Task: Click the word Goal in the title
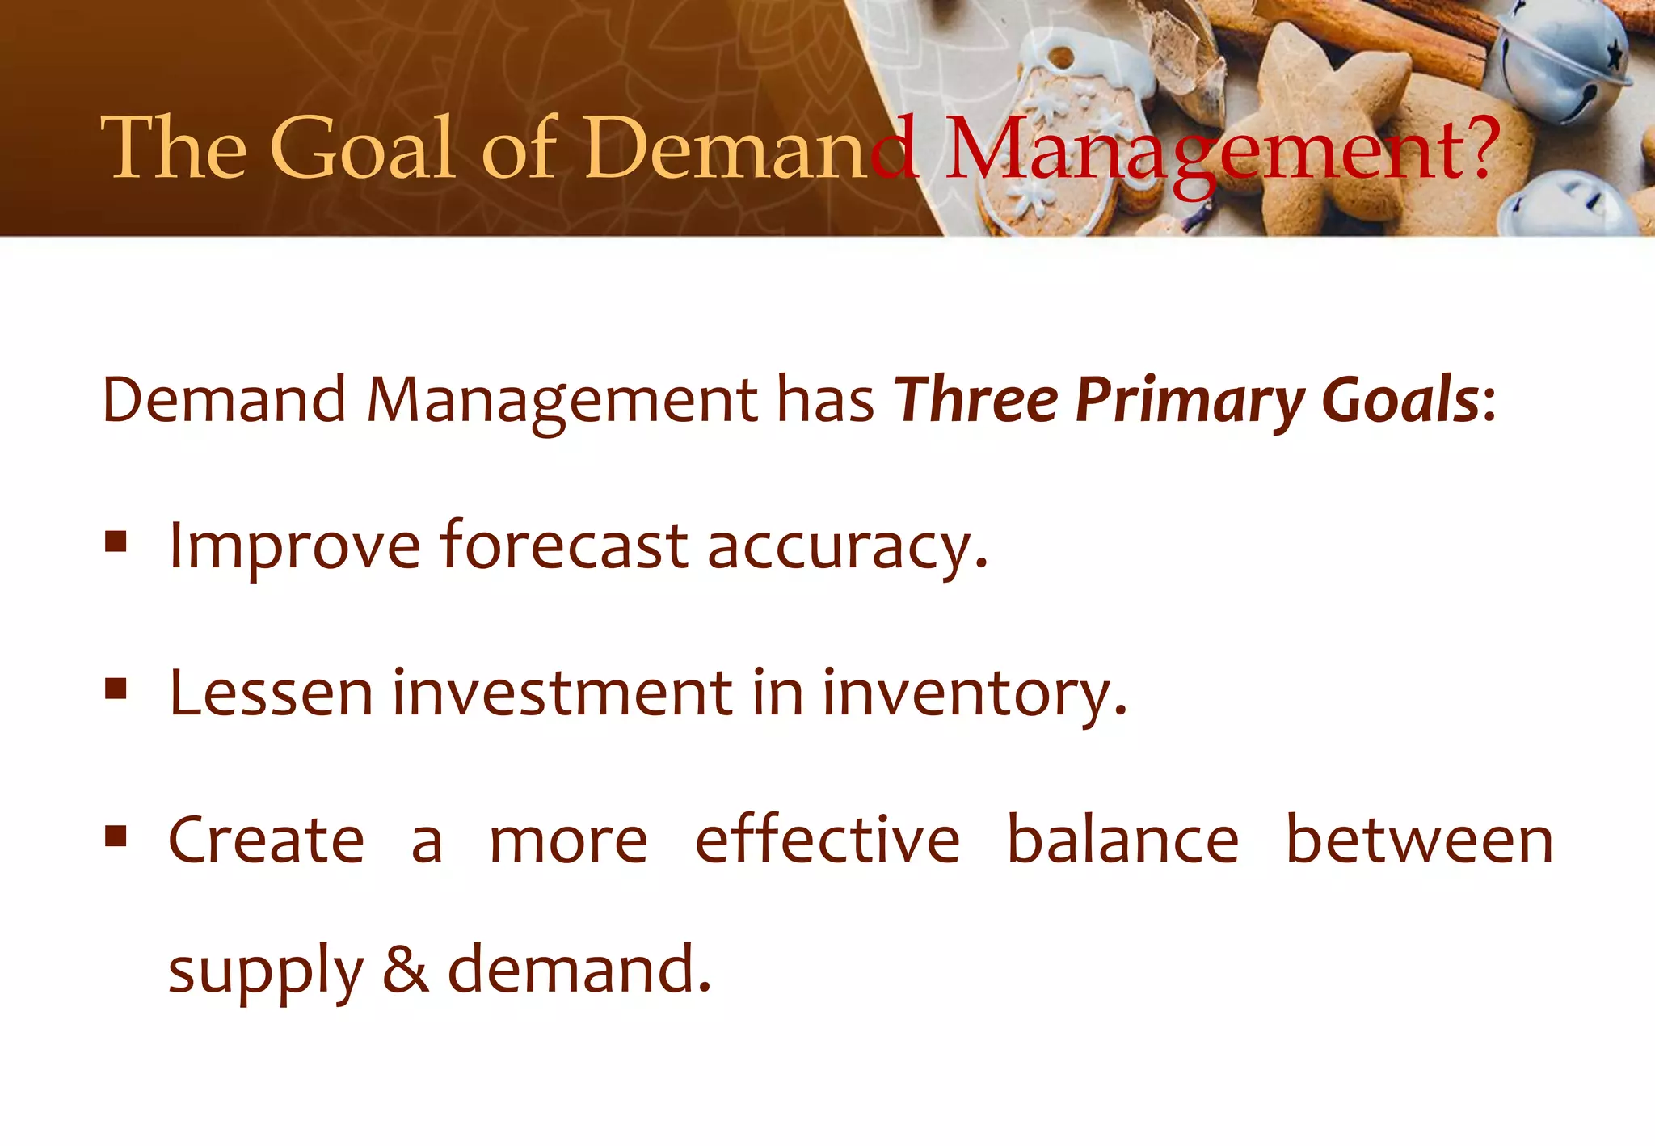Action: click(x=361, y=148)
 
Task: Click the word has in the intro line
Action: click(x=825, y=400)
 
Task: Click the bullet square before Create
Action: click(x=116, y=835)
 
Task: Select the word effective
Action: click(x=827, y=841)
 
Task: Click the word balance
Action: click(x=1122, y=841)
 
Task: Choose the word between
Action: click(x=1419, y=841)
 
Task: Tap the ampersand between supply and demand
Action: click(x=405, y=969)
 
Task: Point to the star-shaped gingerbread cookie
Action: click(x=1325, y=121)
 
